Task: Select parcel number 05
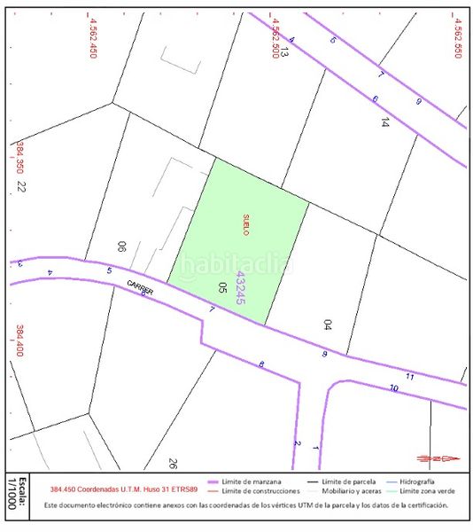(222, 287)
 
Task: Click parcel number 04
(327, 325)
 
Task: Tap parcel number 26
(173, 463)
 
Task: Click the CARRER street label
(140, 287)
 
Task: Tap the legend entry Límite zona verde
(430, 490)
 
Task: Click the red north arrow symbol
(438, 458)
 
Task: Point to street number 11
(409, 377)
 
